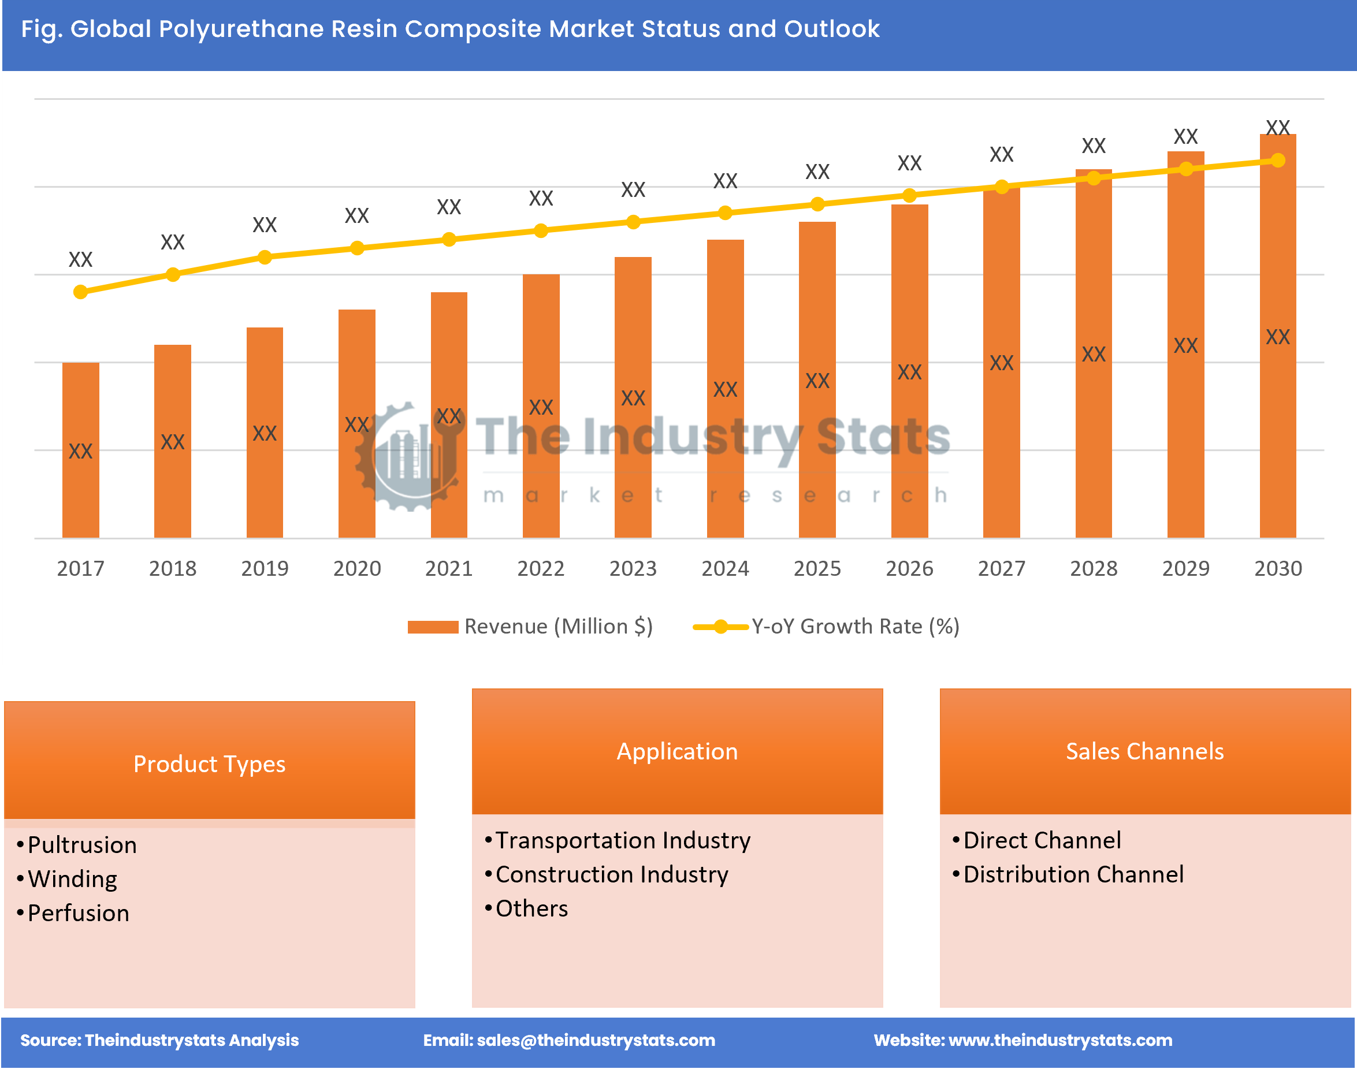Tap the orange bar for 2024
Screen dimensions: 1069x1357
click(x=725, y=388)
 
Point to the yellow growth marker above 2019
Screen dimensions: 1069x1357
click(x=265, y=257)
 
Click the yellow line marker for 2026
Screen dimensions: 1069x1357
click(x=909, y=196)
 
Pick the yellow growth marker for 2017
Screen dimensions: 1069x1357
click(x=80, y=292)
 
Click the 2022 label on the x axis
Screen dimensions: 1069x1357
click(x=541, y=568)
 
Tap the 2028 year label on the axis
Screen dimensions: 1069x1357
click(x=1093, y=568)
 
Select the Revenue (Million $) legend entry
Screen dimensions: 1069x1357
click(x=530, y=627)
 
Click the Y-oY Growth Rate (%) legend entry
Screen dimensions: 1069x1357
click(x=826, y=627)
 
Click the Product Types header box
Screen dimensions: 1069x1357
click(x=209, y=763)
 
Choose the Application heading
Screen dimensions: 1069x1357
click(x=676, y=751)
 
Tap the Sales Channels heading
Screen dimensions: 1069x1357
click(x=1144, y=751)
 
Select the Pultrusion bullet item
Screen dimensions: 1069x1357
click(x=81, y=845)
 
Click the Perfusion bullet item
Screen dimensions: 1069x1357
click(x=78, y=913)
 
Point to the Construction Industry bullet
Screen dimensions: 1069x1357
click(x=612, y=874)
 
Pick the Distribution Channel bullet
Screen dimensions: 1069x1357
click(x=1073, y=874)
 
